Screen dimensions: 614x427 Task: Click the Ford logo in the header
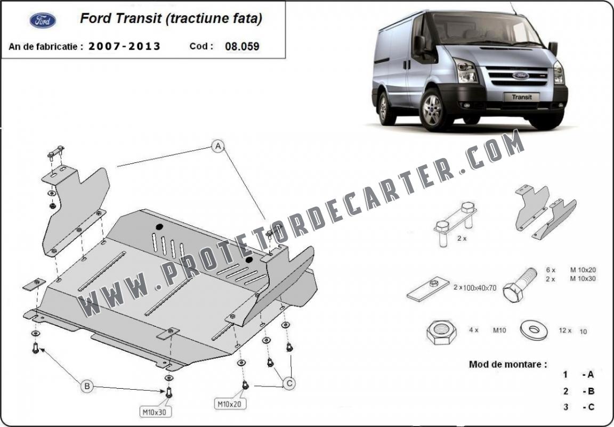tap(43, 21)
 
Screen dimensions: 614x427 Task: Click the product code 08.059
tap(242, 46)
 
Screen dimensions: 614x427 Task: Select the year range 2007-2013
tap(125, 46)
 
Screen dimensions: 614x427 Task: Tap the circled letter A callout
tap(217, 146)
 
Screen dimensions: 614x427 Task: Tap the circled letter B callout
tap(87, 387)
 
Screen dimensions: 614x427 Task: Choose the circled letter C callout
tap(289, 383)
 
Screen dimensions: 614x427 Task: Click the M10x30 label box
tap(156, 412)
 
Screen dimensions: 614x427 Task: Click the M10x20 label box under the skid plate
tap(230, 404)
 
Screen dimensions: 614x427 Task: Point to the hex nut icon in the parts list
tap(442, 332)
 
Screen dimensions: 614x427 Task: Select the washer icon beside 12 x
tap(534, 330)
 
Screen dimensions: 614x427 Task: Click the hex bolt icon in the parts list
tap(519, 284)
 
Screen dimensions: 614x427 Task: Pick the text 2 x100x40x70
tap(475, 288)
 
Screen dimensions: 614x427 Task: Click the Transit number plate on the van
tap(522, 96)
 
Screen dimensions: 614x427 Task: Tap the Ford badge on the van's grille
tap(520, 76)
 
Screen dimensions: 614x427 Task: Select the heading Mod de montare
tap(508, 364)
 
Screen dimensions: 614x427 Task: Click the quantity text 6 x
tap(551, 270)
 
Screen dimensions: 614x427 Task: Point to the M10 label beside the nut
tap(499, 331)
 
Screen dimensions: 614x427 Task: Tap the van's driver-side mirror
tap(553, 48)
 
